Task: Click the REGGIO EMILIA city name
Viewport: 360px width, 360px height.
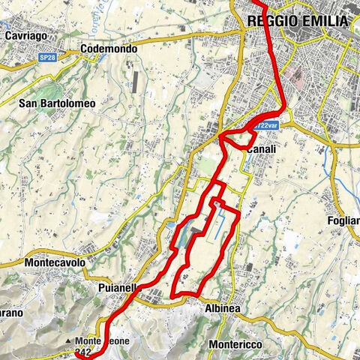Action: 298,22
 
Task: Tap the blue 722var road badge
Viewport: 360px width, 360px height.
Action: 265,127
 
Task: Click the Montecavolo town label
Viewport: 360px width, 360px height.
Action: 55,263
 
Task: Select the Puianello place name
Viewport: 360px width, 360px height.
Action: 117,287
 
